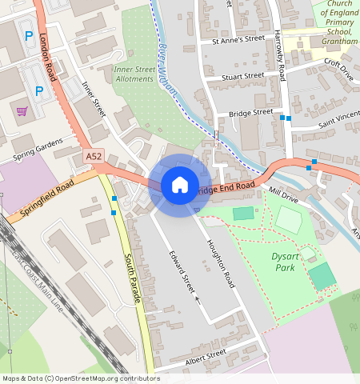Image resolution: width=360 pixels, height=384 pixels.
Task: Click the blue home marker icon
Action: point(180,186)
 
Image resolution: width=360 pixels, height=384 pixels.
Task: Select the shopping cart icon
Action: point(22,111)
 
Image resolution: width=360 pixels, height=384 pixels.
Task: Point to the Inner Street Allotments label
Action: point(134,74)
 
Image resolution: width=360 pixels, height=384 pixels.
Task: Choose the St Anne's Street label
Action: point(238,38)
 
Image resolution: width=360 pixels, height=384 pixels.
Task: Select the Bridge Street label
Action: point(250,114)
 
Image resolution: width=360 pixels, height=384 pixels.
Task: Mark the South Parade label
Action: point(133,278)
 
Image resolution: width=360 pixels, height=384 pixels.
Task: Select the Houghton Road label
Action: point(221,263)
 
